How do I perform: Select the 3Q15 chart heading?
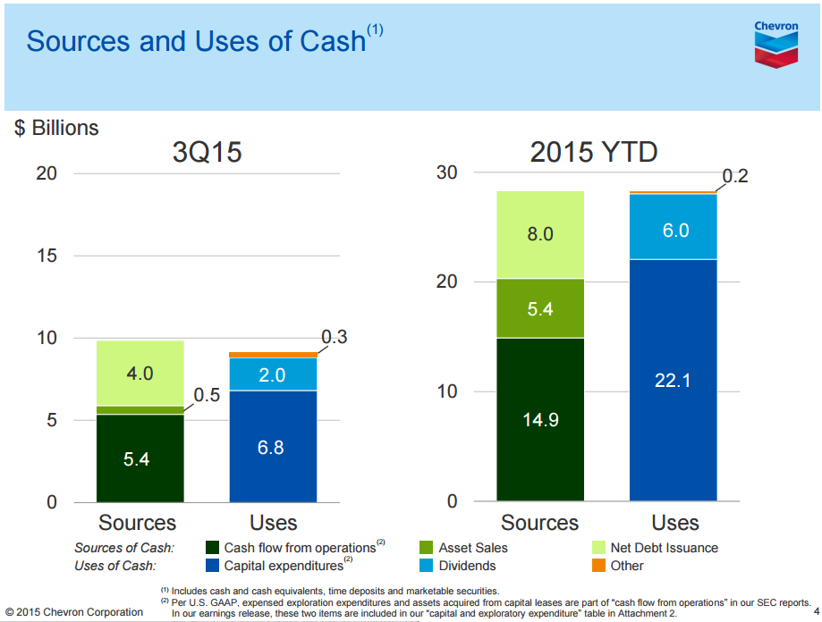[x=207, y=153]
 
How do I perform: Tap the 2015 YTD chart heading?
[x=594, y=153]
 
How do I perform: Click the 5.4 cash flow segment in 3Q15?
[x=140, y=458]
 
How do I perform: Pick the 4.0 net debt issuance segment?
[x=140, y=373]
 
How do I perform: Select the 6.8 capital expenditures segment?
[x=273, y=446]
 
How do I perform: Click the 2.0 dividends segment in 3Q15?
[x=273, y=374]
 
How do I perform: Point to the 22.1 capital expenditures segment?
[x=673, y=380]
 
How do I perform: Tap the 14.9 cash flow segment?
[x=540, y=419]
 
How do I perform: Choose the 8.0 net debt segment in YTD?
[x=540, y=235]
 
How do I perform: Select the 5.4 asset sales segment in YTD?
[x=540, y=308]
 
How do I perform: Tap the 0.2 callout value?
[x=734, y=176]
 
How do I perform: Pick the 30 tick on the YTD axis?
[x=447, y=172]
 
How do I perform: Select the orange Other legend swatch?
[x=599, y=565]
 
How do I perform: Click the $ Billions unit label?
[x=56, y=128]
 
